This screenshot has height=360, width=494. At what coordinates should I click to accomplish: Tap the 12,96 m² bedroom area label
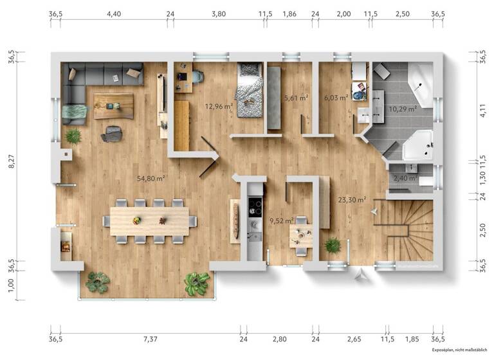pyautogui.click(x=219, y=106)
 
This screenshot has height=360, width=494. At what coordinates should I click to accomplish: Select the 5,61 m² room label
pyautogui.click(x=296, y=98)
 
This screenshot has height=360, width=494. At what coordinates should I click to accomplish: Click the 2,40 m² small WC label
pyautogui.click(x=404, y=178)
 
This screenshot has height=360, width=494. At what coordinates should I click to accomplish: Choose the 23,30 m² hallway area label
pyautogui.click(x=352, y=199)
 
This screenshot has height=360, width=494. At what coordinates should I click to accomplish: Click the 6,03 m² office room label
pyautogui.click(x=336, y=98)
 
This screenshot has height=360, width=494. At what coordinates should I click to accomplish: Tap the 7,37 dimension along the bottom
pyautogui.click(x=150, y=338)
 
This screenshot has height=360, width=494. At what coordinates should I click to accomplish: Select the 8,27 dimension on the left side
pyautogui.click(x=10, y=165)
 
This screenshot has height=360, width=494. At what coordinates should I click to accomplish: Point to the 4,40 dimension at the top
pyautogui.click(x=114, y=13)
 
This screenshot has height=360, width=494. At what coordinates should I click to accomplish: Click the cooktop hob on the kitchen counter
pyautogui.click(x=255, y=207)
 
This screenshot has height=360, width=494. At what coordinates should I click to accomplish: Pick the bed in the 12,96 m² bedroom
pyautogui.click(x=248, y=90)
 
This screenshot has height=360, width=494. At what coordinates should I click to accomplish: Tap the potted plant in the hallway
pyautogui.click(x=333, y=245)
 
